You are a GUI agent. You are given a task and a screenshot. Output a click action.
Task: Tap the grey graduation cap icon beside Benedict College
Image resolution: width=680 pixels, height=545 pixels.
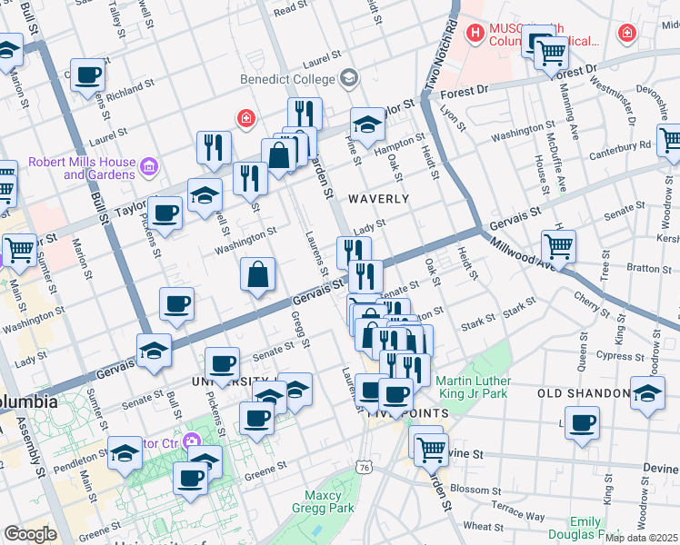point(347,79)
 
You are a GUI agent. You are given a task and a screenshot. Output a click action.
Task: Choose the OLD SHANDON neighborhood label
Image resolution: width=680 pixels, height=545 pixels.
point(583,393)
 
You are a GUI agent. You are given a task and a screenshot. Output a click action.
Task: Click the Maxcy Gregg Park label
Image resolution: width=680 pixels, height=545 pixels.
point(321,502)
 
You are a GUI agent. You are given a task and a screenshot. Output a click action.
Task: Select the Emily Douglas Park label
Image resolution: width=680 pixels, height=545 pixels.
point(573,529)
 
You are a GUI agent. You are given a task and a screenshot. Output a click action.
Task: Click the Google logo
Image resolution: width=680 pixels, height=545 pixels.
point(30,534)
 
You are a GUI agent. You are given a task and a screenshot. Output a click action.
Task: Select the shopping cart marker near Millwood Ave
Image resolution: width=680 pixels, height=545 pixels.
point(558,245)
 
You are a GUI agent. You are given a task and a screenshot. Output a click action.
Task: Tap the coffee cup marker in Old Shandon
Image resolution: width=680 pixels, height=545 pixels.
point(582,423)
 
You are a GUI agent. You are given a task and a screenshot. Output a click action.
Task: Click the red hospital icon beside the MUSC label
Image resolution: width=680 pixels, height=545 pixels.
point(473,35)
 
